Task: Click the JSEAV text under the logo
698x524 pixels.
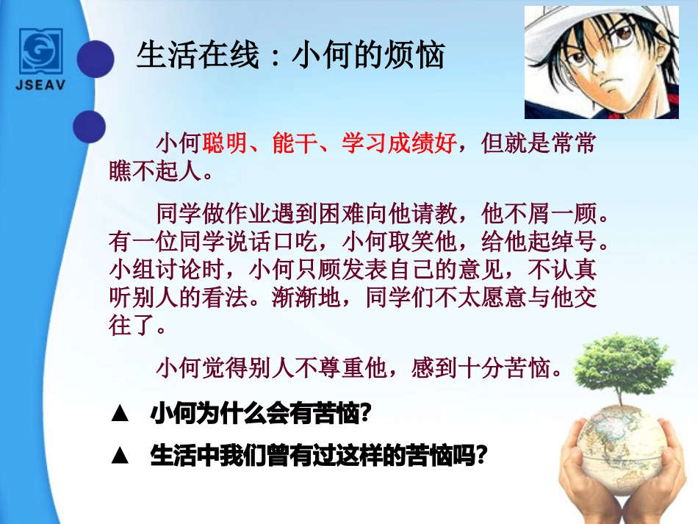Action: [x=43, y=85]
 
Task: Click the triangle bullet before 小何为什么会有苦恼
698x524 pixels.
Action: [x=120, y=414]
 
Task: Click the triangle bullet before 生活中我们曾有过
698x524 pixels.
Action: [x=120, y=456]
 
